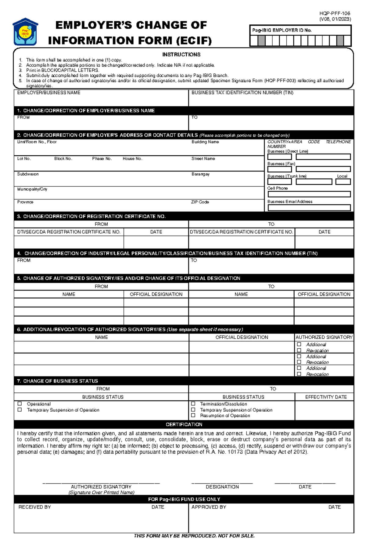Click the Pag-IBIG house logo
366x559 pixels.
click(x=25, y=32)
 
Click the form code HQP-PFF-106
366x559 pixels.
click(x=335, y=13)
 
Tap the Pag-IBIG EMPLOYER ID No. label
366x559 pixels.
click(x=282, y=30)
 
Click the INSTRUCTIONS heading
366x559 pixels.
click(x=181, y=55)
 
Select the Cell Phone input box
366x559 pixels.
click(x=309, y=194)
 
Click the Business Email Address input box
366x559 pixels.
click(x=309, y=207)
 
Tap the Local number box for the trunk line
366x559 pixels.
click(x=343, y=182)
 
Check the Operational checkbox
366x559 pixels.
click(x=20, y=404)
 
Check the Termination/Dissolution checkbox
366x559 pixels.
click(x=193, y=404)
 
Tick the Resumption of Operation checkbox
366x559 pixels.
click(x=193, y=415)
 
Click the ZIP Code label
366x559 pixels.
click(x=200, y=202)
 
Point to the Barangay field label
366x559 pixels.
click(x=200, y=174)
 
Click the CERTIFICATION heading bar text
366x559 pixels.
click(x=184, y=424)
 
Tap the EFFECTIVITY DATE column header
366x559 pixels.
click(x=326, y=397)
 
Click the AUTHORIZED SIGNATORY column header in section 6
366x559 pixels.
click(x=324, y=337)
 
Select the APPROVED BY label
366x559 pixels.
click(x=209, y=507)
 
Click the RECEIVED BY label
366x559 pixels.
click(x=34, y=507)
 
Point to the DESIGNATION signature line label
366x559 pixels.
click(x=222, y=487)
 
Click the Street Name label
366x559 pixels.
click(x=203, y=158)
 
